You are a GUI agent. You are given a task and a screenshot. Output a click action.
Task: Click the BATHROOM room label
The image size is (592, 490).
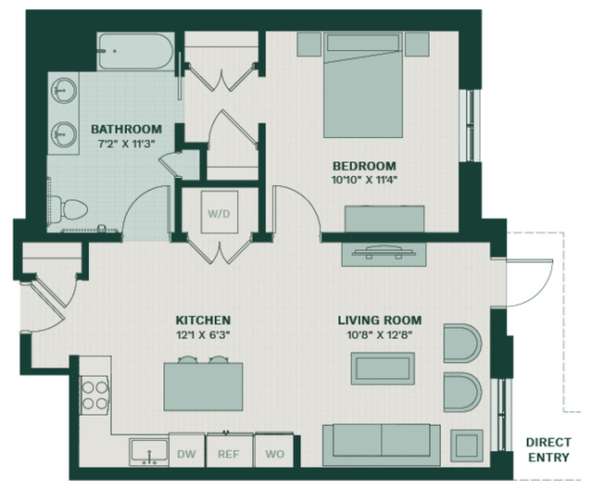point(127,129)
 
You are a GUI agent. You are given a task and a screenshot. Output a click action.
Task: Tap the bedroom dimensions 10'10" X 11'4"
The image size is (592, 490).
point(364,180)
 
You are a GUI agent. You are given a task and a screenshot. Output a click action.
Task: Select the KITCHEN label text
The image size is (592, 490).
point(203,320)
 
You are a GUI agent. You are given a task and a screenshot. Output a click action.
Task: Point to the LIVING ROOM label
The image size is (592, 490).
point(380,320)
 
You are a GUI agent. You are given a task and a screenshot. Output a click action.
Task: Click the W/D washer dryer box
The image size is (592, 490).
point(220,212)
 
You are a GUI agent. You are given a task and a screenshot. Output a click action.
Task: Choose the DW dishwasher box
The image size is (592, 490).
point(187,450)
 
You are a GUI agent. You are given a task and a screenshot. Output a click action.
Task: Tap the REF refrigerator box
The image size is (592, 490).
point(229,451)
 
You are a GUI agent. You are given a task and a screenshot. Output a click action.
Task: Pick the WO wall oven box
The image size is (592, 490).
point(274,450)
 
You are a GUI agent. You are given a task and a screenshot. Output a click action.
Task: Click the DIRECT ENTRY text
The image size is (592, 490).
point(548,449)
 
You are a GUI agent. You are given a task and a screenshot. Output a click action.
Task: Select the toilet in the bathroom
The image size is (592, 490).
point(69,208)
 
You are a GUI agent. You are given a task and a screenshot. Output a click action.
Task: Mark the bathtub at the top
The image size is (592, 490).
point(135,51)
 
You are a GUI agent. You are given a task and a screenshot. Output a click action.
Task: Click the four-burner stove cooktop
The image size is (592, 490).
point(94,396)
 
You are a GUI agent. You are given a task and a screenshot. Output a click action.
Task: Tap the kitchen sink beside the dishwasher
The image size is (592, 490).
point(149,452)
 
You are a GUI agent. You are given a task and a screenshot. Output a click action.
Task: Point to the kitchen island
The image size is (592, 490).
point(203,386)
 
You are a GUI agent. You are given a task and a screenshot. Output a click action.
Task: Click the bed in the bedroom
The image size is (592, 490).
point(363,85)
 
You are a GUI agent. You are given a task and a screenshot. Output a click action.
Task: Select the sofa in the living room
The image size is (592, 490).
point(382,446)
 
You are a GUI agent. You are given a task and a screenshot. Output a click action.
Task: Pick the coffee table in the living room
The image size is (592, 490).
point(383,369)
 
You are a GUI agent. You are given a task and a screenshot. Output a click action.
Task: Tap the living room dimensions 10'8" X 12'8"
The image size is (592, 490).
point(380,334)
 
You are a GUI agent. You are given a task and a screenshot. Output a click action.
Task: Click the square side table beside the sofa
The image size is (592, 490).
point(467,446)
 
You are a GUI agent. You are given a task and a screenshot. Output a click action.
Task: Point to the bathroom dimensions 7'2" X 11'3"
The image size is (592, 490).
point(127,144)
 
